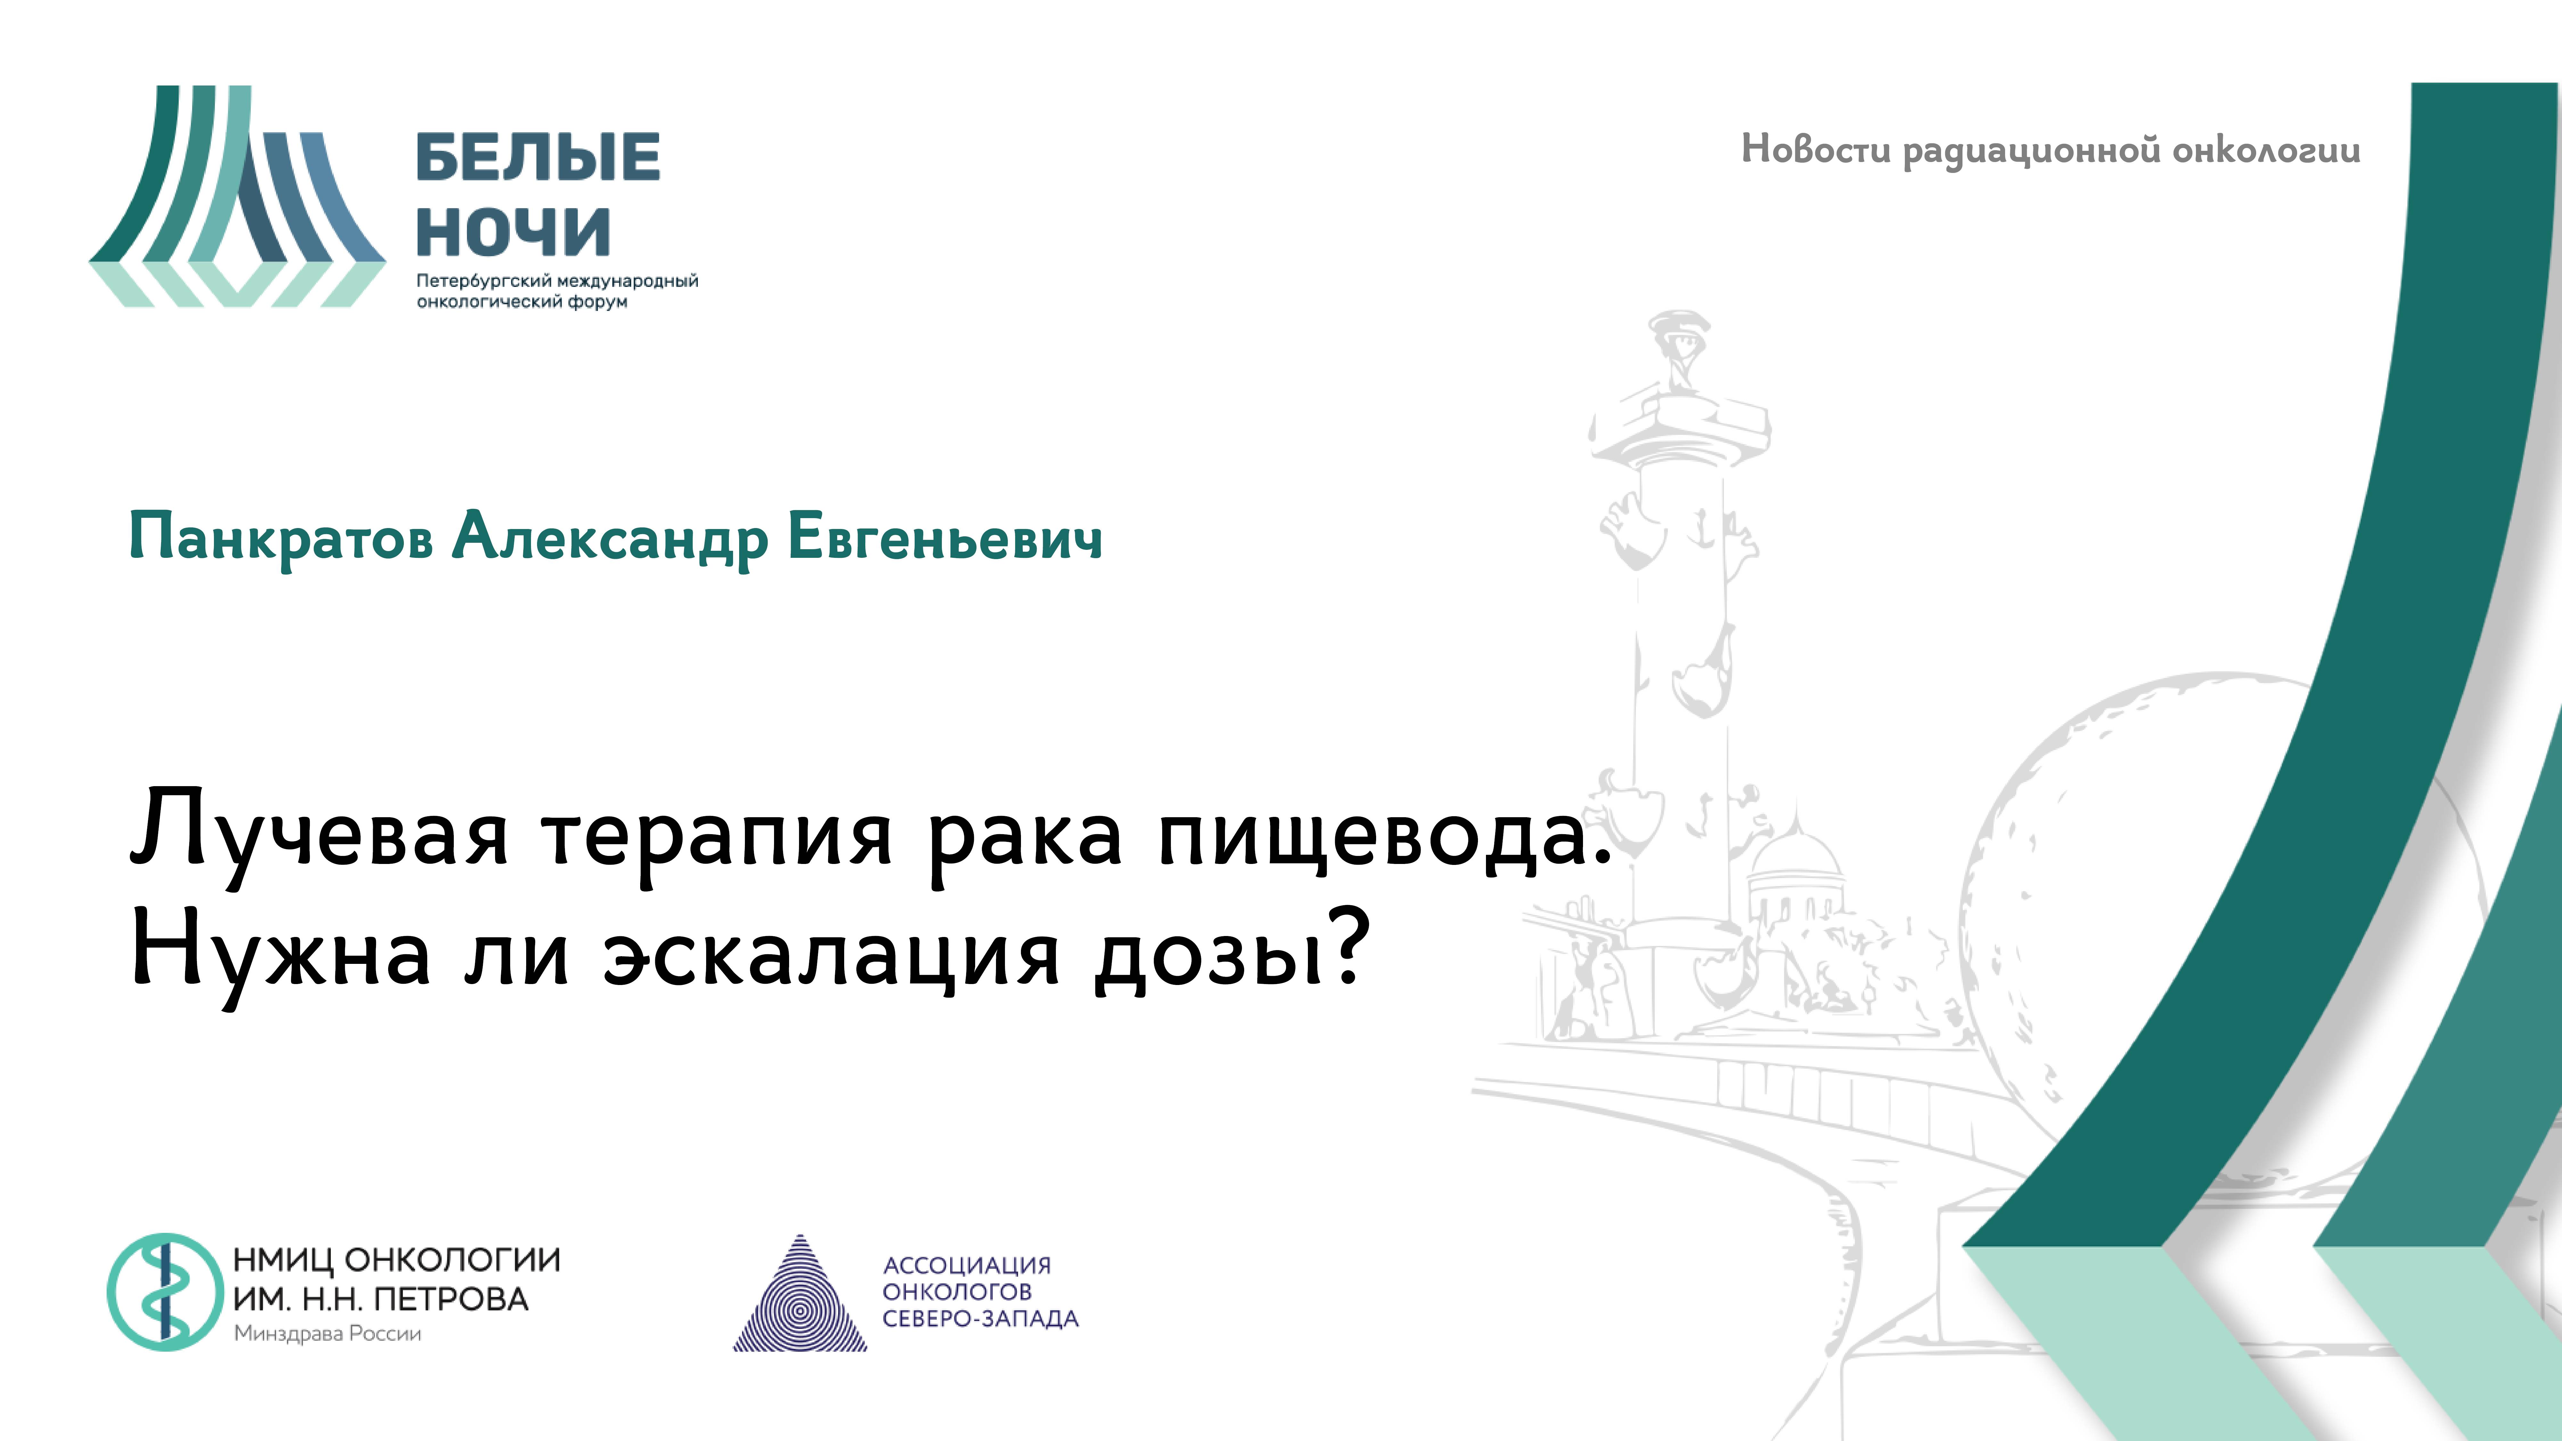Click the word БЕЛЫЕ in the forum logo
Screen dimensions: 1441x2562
(x=537, y=157)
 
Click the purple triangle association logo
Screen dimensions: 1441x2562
(x=800, y=1296)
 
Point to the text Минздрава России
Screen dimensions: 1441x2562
(x=327, y=1334)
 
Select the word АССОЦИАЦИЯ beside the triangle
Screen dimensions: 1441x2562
(x=967, y=1265)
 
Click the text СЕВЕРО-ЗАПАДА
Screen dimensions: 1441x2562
(x=980, y=1319)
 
